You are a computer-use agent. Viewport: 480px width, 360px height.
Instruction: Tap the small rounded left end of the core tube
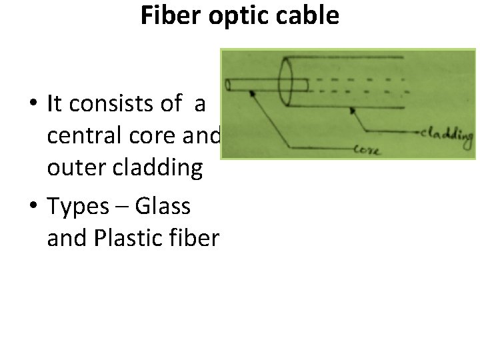click(228, 85)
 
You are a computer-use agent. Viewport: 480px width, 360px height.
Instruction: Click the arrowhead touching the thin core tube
click(253, 94)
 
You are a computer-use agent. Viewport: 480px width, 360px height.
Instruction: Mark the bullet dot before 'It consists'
click(32, 104)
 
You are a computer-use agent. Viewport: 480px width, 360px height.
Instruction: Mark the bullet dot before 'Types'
click(32, 207)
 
